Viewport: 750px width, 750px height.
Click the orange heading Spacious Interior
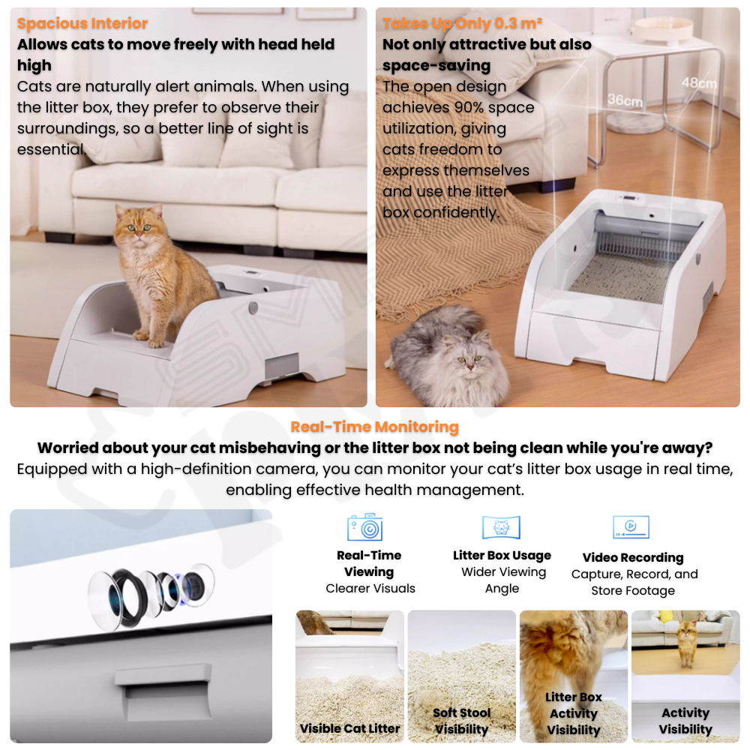click(x=82, y=23)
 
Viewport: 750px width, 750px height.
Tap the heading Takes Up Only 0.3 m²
click(x=462, y=23)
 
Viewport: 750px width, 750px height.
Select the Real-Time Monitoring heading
click(x=374, y=427)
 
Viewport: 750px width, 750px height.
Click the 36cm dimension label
click(x=625, y=100)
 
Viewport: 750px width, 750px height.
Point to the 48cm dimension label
click(x=699, y=83)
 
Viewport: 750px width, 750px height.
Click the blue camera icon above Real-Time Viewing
click(x=365, y=527)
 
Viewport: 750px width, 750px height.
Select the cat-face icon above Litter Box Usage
click(x=501, y=527)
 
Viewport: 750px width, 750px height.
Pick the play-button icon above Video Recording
click(x=631, y=527)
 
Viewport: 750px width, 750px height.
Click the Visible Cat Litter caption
click(x=349, y=728)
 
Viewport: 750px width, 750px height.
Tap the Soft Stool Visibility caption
click(x=461, y=721)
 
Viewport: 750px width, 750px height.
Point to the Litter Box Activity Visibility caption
click(x=574, y=714)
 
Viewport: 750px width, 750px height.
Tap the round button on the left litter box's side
click(x=253, y=307)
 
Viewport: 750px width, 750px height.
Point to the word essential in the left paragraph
click(x=52, y=150)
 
